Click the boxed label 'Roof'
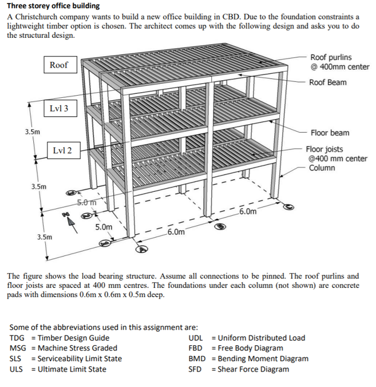[58, 65]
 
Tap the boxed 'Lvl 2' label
[62, 151]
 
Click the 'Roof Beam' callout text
[327, 82]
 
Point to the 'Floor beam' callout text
[330, 133]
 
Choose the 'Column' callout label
[322, 168]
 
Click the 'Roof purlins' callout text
[331, 58]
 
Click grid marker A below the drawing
[141, 249]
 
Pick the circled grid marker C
[290, 205]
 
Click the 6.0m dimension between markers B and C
[248, 212]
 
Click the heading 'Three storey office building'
[53, 6]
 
